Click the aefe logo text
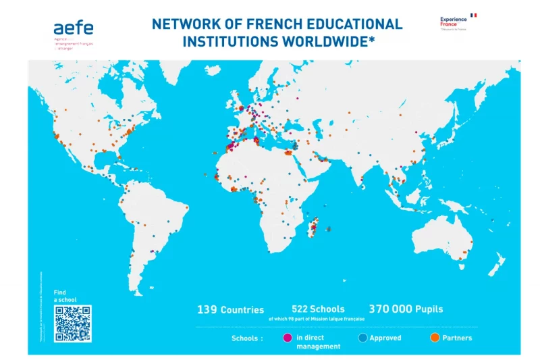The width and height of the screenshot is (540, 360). click(74, 28)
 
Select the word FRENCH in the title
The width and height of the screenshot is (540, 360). click(258, 24)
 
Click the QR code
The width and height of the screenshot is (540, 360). click(72, 324)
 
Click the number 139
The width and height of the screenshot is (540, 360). click(207, 309)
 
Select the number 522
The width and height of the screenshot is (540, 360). click(301, 309)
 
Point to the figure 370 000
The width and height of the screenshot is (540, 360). click(390, 309)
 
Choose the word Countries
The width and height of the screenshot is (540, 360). click(242, 310)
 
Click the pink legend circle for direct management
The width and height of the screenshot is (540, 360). click(288, 338)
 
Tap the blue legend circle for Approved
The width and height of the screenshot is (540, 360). click(362, 338)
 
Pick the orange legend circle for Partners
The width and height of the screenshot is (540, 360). click(435, 338)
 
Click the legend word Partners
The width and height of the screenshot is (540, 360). click(457, 338)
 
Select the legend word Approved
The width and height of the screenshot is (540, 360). click(385, 338)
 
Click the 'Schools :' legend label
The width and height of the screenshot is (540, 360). click(247, 338)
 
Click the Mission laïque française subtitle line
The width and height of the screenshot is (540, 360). click(317, 318)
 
